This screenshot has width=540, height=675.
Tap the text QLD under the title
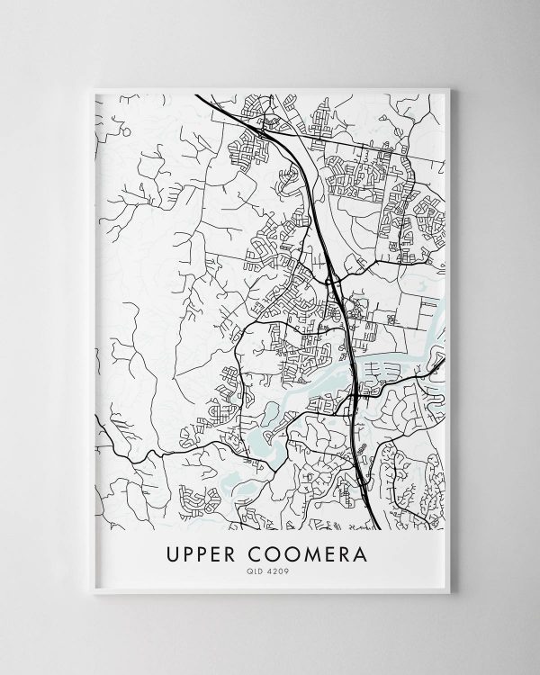(258, 568)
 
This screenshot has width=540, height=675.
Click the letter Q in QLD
(253, 568)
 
